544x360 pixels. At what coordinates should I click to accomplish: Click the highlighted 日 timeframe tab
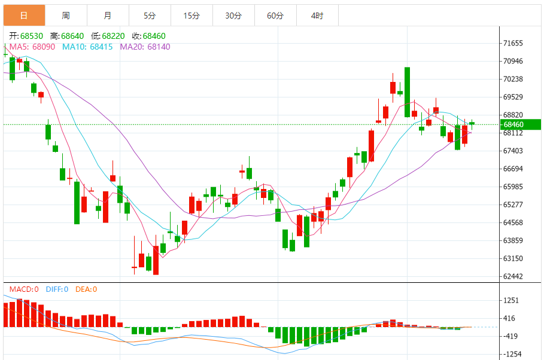tap(24, 16)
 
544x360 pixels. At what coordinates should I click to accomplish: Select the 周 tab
tap(66, 16)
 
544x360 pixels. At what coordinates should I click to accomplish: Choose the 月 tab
tap(108, 16)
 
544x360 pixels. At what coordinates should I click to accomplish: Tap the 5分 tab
tap(150, 16)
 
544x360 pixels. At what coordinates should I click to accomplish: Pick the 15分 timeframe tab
tap(192, 16)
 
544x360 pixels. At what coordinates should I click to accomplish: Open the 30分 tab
tap(233, 16)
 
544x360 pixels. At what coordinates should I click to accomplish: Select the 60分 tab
tap(275, 16)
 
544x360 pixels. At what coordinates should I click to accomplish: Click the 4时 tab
tap(317, 16)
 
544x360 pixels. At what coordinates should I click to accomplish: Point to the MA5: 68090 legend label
tap(32, 47)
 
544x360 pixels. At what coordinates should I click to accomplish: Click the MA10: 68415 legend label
tap(87, 47)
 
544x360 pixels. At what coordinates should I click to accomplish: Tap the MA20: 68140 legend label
tap(145, 47)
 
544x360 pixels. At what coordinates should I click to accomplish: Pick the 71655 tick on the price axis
tap(513, 43)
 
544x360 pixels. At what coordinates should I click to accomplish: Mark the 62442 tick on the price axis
tap(513, 276)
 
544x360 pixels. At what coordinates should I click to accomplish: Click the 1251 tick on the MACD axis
tap(511, 300)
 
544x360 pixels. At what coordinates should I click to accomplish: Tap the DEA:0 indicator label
tap(86, 289)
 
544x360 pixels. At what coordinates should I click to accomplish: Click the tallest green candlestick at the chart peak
tap(408, 92)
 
